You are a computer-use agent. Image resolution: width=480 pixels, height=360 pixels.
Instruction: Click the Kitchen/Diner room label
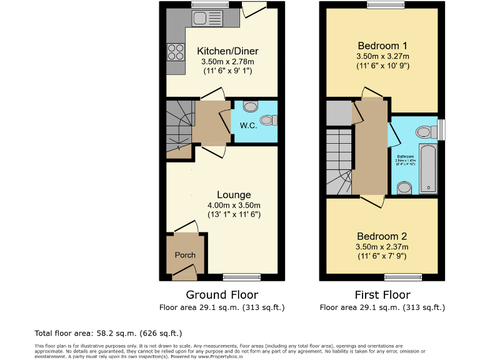[227, 51]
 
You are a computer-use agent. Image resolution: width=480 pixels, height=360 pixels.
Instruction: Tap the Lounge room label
[234, 195]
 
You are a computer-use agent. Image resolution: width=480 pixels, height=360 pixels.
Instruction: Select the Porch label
[185, 255]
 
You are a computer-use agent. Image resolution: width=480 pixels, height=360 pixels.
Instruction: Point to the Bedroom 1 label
[382, 46]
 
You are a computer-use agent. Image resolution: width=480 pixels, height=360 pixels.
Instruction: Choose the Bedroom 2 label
[382, 236]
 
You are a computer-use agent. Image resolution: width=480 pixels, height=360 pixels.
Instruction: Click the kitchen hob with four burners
[176, 51]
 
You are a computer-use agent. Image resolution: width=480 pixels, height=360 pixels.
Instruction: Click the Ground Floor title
[222, 295]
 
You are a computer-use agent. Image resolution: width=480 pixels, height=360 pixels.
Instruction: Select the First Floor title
[382, 295]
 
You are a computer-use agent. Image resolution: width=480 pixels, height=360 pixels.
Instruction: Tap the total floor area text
[108, 334]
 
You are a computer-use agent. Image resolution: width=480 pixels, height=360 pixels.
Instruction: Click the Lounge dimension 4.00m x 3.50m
[234, 205]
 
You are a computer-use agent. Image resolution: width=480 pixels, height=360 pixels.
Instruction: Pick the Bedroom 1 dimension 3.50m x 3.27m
[382, 56]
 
